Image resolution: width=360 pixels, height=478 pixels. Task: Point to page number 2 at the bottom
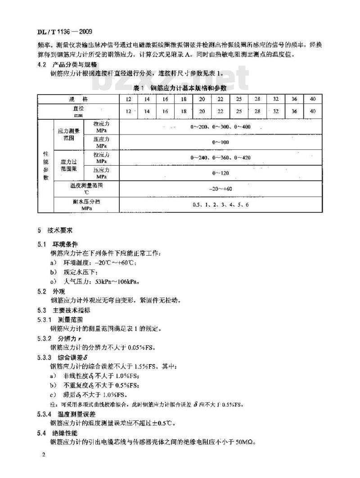[44, 455]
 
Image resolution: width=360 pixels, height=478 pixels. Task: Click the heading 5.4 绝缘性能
[58, 433]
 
